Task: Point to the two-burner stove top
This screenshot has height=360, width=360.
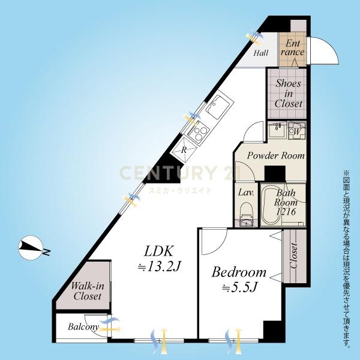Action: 198,133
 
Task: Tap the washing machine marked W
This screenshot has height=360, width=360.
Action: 297,131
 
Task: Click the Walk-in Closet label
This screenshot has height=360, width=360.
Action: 88,291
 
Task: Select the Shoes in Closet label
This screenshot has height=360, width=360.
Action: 289,94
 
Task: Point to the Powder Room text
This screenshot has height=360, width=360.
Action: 275,156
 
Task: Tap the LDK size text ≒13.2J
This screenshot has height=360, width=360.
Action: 158,266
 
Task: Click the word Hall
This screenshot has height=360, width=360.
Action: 260,53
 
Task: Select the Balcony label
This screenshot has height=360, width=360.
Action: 83,327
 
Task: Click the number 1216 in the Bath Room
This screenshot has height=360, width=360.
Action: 286,212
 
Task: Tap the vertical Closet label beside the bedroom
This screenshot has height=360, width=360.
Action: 294,256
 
